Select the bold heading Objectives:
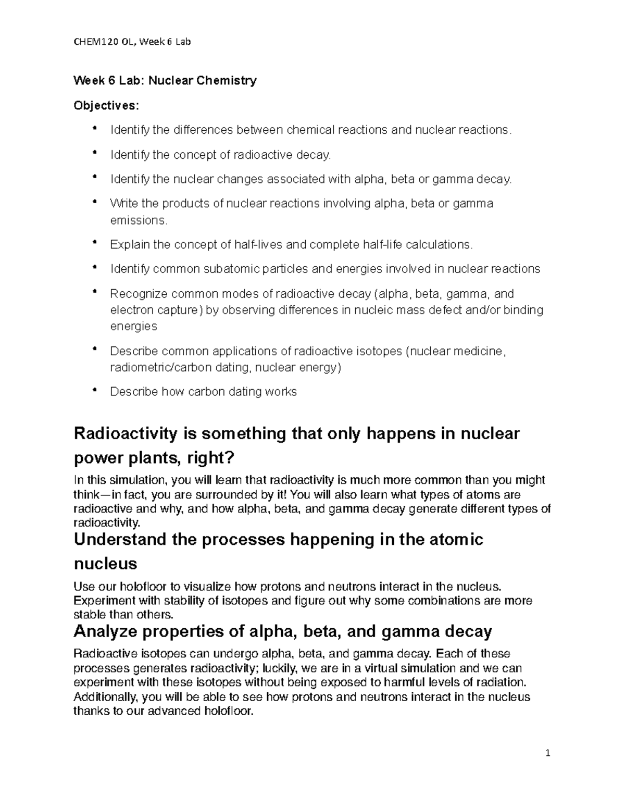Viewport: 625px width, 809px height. point(107,106)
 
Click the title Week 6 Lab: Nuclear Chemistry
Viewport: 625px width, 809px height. point(165,81)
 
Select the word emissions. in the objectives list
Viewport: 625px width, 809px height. point(139,220)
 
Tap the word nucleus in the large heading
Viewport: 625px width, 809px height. point(106,564)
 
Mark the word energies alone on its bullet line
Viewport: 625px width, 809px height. point(133,327)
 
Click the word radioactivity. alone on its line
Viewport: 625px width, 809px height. point(107,523)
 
